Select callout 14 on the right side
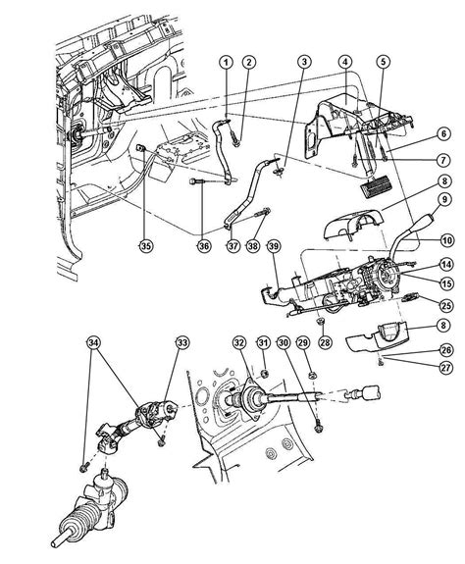[x=444, y=264]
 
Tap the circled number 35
[x=144, y=245]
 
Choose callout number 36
[x=204, y=245]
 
